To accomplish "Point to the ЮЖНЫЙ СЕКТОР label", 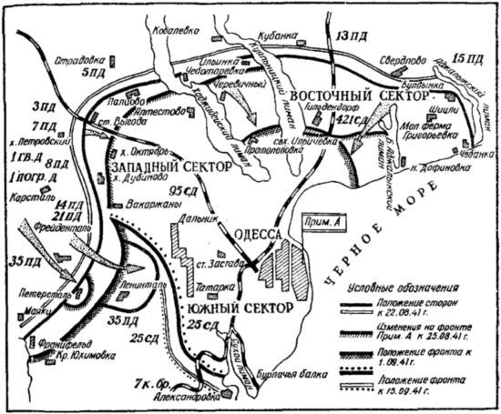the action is pyautogui.click(x=240, y=308).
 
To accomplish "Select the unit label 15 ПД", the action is pyautogui.click(x=468, y=59).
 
